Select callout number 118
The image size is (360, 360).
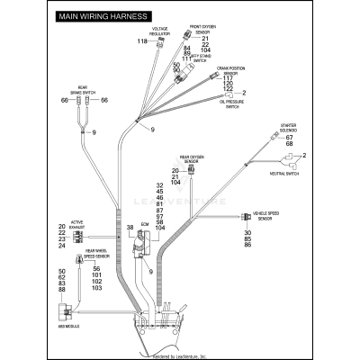pyautogui.click(x=141, y=42)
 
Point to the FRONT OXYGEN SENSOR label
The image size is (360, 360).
pyautogui.click(x=203, y=31)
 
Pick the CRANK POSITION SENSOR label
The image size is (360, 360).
pyautogui.click(x=232, y=69)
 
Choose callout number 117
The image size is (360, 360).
pyautogui.click(x=228, y=77)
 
